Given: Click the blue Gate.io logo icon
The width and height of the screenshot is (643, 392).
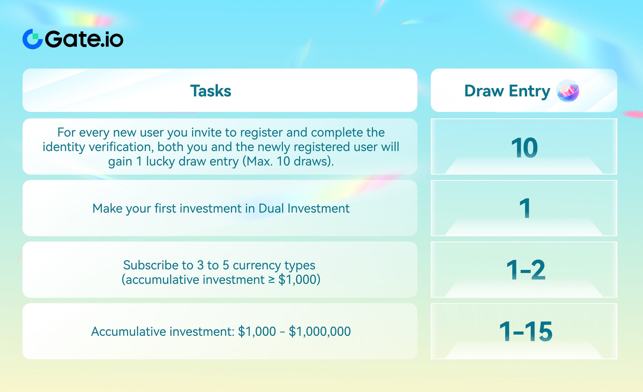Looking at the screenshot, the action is tap(32, 39).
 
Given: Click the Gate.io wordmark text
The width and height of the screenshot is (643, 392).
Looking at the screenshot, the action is tap(84, 39).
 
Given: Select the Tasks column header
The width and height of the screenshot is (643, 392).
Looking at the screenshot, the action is tap(211, 91).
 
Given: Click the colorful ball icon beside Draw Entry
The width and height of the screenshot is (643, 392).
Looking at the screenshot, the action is tap(568, 91).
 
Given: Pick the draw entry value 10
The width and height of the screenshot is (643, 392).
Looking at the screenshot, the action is tap(524, 148).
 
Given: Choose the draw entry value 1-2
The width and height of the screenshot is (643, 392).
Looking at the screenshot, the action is tap(526, 270).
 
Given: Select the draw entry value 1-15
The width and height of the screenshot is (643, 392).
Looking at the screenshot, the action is tap(526, 331).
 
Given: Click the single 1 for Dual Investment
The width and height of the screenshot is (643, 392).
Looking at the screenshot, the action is tap(525, 208).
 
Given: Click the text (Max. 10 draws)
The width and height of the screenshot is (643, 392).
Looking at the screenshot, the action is tap(288, 161).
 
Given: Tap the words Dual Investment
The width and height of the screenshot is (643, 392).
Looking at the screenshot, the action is tap(304, 208).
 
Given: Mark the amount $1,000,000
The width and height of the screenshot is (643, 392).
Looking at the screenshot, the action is tap(320, 331).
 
